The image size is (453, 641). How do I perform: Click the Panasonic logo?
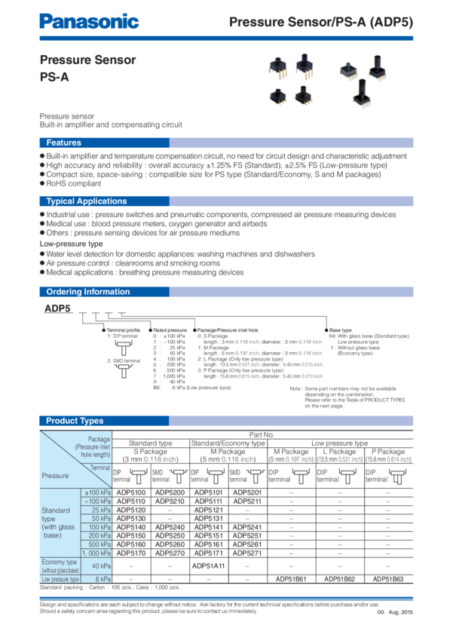[x=89, y=21]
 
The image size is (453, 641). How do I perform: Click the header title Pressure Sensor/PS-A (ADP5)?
[x=320, y=23]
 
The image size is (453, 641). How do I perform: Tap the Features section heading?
[x=64, y=143]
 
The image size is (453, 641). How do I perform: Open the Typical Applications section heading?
[x=86, y=201]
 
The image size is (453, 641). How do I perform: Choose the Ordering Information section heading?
[x=87, y=292]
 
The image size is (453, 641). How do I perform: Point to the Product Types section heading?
[x=75, y=421]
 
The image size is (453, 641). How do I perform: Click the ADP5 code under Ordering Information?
[x=57, y=308]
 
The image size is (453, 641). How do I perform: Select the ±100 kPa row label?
[x=96, y=492]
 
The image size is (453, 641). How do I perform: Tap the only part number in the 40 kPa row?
[x=208, y=565]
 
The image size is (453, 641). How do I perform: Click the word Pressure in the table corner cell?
[x=55, y=476]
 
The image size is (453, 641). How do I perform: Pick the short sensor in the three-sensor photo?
[x=347, y=69]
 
